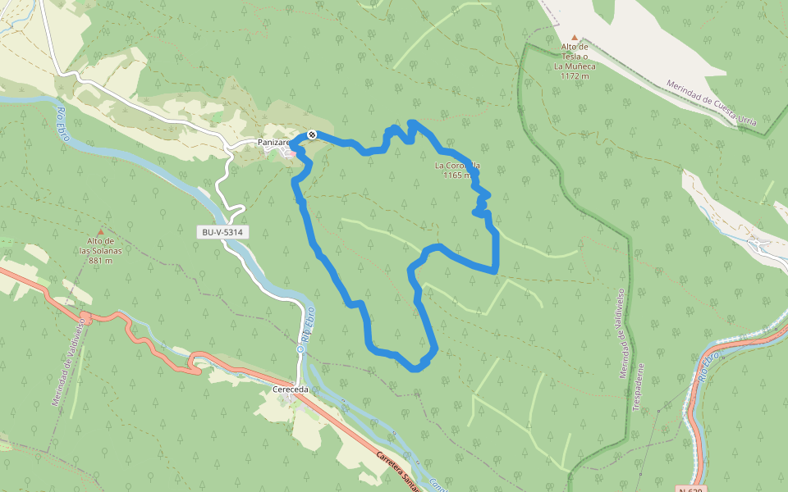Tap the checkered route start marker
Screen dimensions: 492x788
tap(312, 134)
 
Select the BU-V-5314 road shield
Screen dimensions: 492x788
tap(222, 232)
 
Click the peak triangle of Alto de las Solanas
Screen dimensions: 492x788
tap(101, 232)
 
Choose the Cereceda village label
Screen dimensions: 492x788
tap(289, 390)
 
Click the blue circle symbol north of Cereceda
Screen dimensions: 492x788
tap(300, 348)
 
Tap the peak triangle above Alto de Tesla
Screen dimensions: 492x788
tap(575, 38)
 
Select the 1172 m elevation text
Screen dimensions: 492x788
tap(575, 75)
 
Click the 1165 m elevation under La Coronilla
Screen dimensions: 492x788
tap(457, 175)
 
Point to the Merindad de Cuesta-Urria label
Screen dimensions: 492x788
tap(711, 102)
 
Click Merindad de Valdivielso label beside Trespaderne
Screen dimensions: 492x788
tap(622, 332)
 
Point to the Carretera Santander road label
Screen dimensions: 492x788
tap(399, 469)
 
